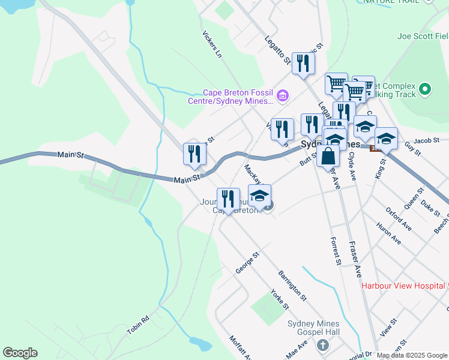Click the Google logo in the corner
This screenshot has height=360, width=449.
pos(20,353)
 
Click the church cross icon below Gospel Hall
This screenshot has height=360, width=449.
pos(323,346)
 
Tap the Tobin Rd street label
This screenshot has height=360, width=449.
pos(137,325)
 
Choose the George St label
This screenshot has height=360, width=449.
pos(247,263)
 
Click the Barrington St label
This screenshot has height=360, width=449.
pos(292,286)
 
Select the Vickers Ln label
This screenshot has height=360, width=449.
pos(212,43)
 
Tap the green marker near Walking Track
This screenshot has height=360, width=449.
pos(425,89)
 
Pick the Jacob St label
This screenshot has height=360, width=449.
pos(427,141)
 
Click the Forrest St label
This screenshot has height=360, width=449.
pos(336,251)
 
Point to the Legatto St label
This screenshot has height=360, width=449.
pos(277,47)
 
